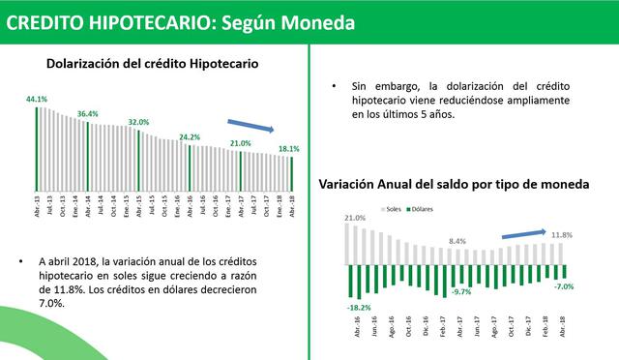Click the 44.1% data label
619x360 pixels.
point(37,100)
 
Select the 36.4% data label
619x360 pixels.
point(88,114)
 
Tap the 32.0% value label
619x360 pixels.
point(138,123)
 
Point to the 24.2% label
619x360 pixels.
point(189,137)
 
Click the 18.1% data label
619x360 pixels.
point(289,149)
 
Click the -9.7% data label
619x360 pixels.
point(461,291)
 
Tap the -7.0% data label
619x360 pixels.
point(565,286)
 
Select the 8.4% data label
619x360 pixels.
point(458,241)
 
